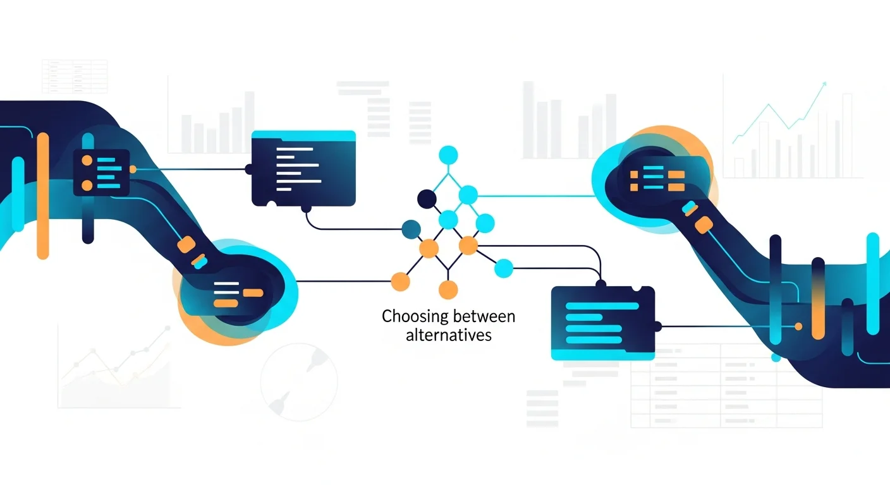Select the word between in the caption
click(484, 316)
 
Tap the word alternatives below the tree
click(448, 335)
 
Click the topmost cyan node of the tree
click(448, 154)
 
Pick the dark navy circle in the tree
click(427, 199)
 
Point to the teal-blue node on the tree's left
click(411, 228)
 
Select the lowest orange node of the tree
click(448, 290)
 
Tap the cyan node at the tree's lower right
click(503, 268)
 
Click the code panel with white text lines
click(303, 168)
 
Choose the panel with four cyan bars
click(603, 323)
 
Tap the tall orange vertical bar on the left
click(43, 196)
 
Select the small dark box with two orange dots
click(101, 172)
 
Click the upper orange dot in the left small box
click(87, 160)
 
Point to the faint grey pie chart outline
click(299, 381)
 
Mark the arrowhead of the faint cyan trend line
click(824, 84)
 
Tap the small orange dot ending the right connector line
click(798, 326)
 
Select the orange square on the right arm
click(702, 224)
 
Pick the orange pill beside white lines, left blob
click(253, 292)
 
